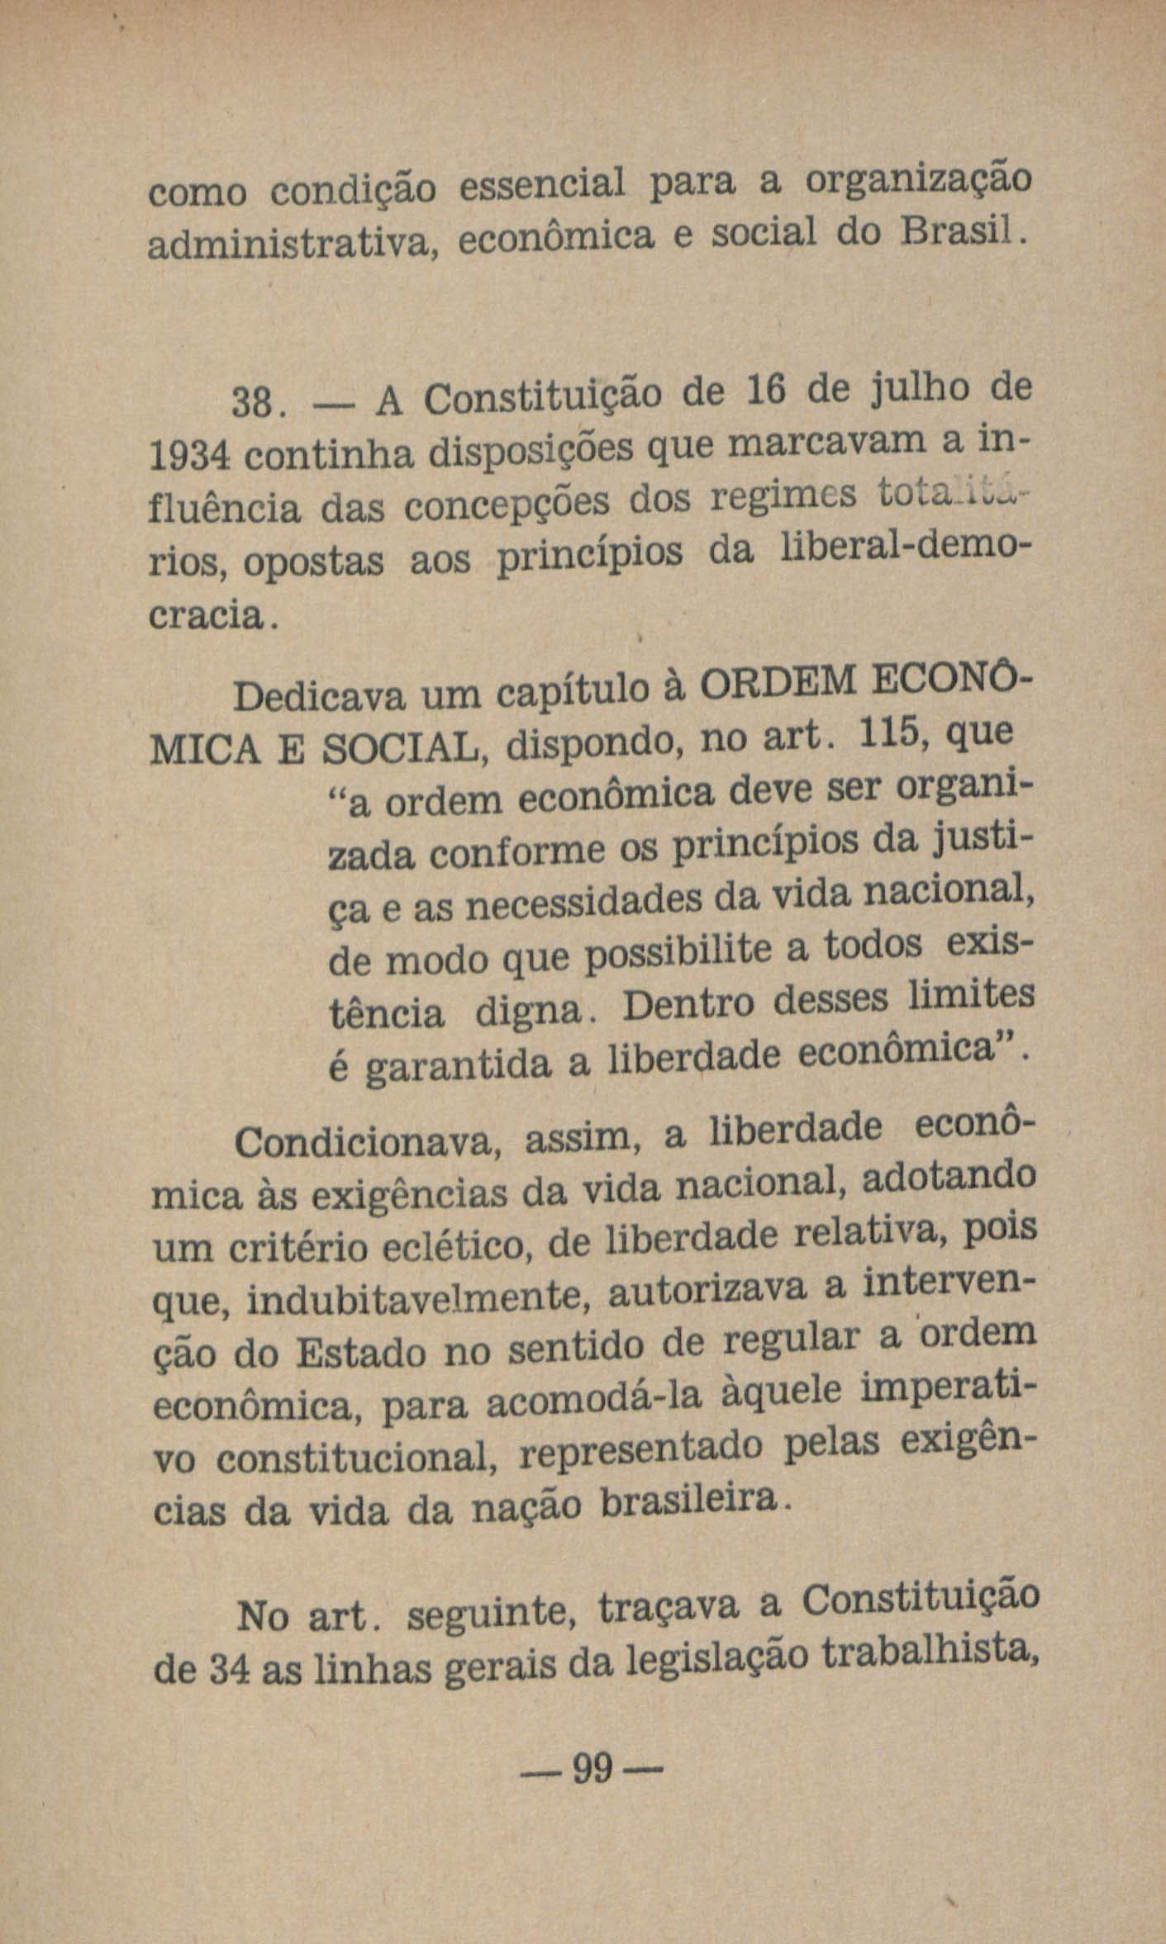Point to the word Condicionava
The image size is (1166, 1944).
(364, 1145)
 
